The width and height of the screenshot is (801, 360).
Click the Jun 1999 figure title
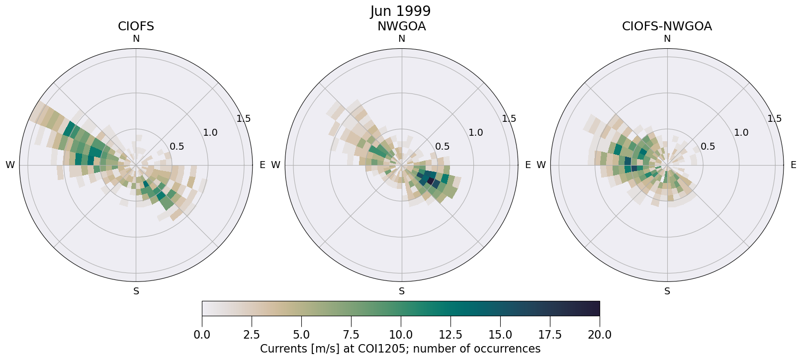pyautogui.click(x=400, y=11)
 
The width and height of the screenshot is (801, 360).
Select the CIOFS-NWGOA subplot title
pyautogui.click(x=667, y=26)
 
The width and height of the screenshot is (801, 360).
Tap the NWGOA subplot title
pyautogui.click(x=401, y=26)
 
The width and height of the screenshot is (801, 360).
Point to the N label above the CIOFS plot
pyautogui.click(x=136, y=39)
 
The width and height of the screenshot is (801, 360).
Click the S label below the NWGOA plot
pyautogui.click(x=402, y=291)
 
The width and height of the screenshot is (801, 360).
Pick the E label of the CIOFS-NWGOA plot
pyautogui.click(x=794, y=165)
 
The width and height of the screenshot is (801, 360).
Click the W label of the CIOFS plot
pyautogui.click(x=10, y=165)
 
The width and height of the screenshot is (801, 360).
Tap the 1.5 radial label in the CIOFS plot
pyautogui.click(x=244, y=119)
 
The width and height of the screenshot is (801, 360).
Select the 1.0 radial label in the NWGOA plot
pyautogui.click(x=476, y=133)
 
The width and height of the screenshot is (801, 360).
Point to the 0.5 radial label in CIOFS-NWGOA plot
pyautogui.click(x=708, y=147)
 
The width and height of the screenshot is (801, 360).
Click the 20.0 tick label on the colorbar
pyautogui.click(x=600, y=335)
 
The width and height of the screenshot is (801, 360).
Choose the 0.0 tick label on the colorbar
pyautogui.click(x=202, y=335)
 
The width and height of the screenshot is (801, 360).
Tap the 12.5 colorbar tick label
pyautogui.click(x=450, y=335)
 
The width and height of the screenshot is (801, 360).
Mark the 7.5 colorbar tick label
pyautogui.click(x=351, y=335)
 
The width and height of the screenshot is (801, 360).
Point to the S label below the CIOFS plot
pyautogui.click(x=136, y=291)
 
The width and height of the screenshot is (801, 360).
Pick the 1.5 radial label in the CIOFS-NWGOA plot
pyautogui.click(x=775, y=119)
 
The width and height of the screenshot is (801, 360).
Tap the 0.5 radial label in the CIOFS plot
pyautogui.click(x=177, y=147)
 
